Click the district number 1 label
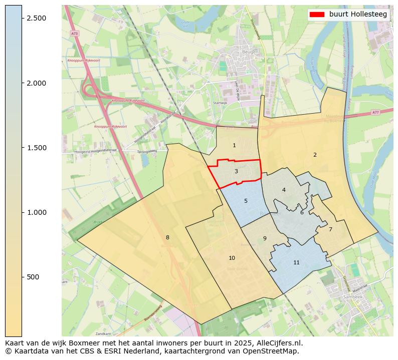click(x=234, y=145)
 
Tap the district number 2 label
click(x=315, y=155)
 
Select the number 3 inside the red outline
click(x=236, y=171)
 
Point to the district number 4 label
click(x=284, y=190)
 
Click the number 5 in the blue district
click(x=246, y=201)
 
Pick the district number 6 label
click(x=302, y=212)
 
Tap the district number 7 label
click(x=330, y=229)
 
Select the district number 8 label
click(x=167, y=237)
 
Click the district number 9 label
click(x=265, y=238)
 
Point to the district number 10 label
click(x=232, y=258)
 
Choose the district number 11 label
click(x=296, y=262)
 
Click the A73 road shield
click(x=74, y=33)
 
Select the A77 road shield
click(x=375, y=113)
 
